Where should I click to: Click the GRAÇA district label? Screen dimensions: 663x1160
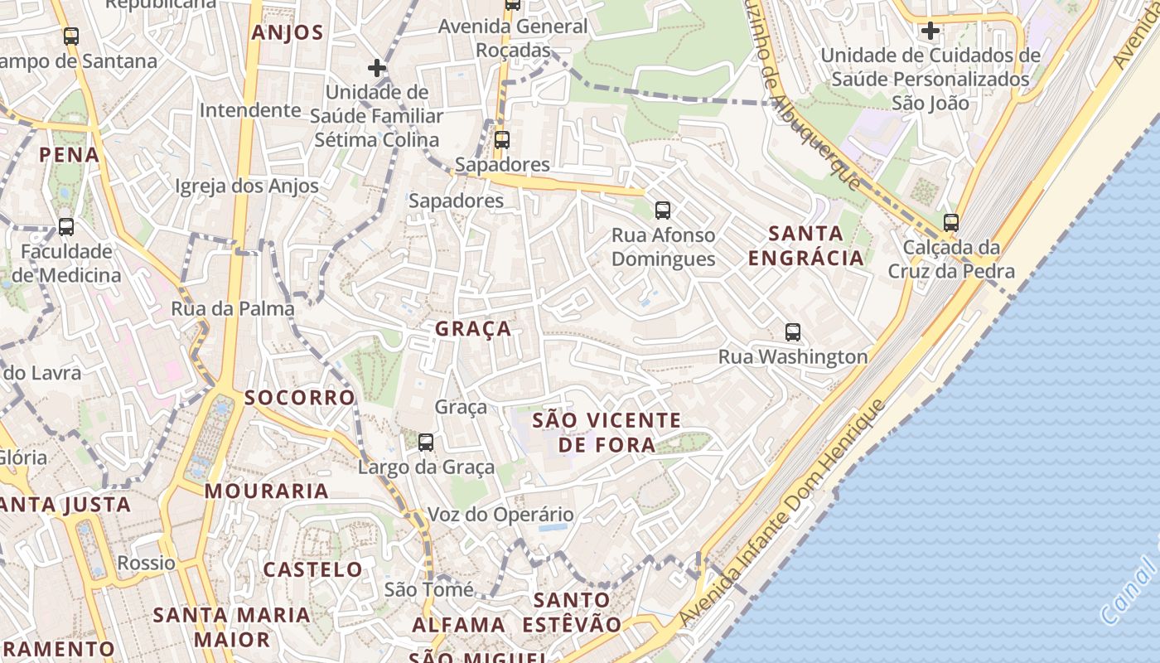473,329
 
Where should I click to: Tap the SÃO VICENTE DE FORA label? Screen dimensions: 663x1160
607,433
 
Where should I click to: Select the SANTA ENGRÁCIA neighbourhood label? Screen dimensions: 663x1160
806,245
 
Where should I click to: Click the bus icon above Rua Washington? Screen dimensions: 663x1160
793,332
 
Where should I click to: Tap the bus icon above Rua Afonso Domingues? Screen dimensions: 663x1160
662,211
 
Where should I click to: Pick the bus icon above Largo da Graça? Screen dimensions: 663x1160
426,443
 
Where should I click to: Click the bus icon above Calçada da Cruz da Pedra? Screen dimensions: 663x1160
950,222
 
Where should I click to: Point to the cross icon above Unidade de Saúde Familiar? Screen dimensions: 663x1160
377,68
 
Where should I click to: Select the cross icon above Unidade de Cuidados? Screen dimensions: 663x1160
930,31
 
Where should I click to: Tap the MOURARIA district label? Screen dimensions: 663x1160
267,491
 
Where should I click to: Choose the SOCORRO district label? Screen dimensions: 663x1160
300,398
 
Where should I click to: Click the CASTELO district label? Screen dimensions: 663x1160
313,569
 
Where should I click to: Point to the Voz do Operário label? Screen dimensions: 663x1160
500,515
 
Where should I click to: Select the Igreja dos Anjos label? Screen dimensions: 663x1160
247,186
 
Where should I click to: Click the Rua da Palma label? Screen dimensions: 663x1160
232,309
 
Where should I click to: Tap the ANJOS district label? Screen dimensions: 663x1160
287,33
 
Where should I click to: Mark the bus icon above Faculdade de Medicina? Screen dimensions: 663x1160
66,227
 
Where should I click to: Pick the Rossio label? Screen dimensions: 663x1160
147,564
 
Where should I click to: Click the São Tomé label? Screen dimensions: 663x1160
429,589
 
